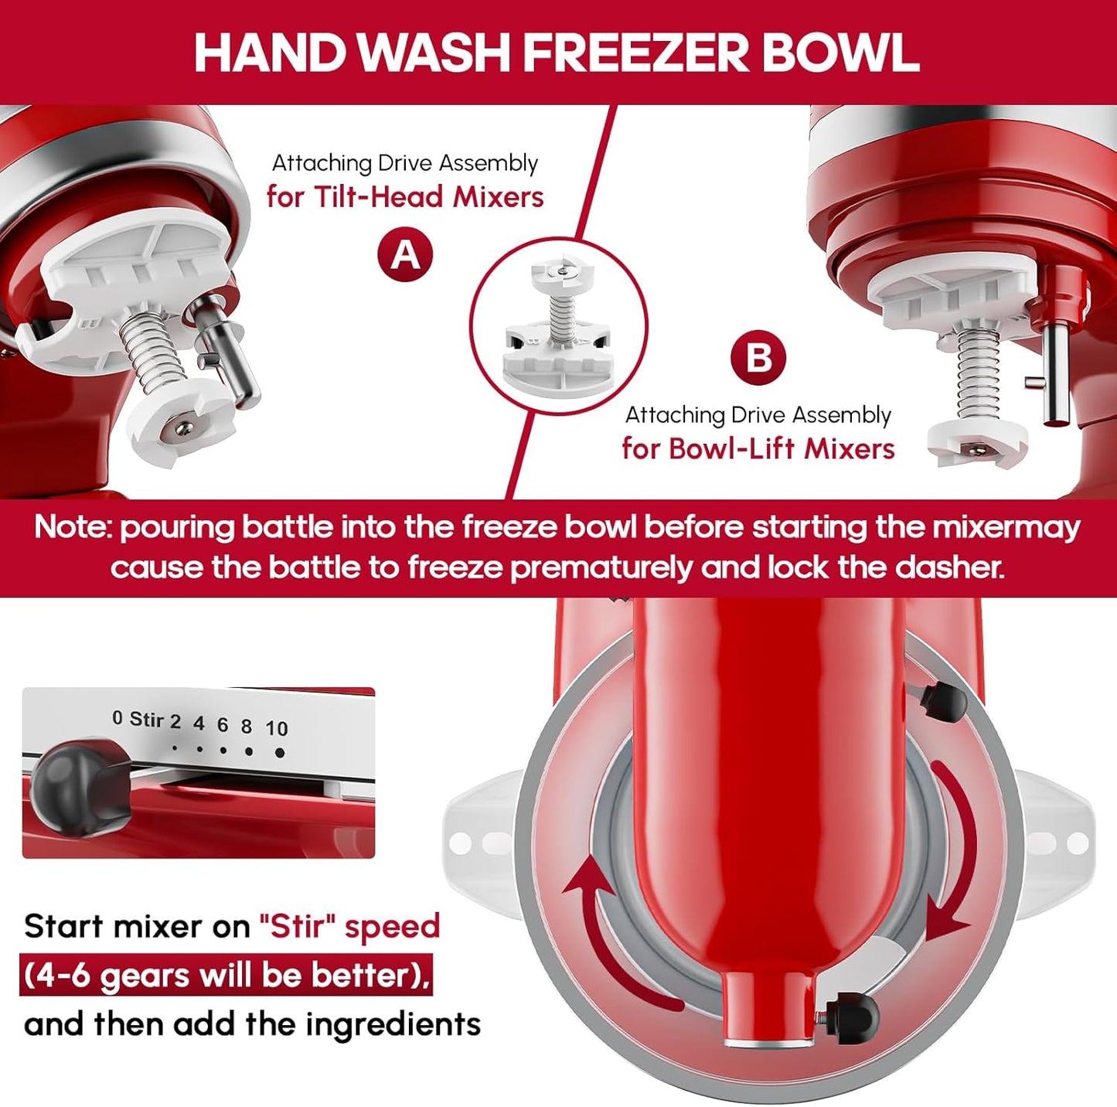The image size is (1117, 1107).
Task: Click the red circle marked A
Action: click(405, 254)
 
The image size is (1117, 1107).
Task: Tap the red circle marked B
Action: click(758, 358)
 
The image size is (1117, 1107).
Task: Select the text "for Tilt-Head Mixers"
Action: click(405, 197)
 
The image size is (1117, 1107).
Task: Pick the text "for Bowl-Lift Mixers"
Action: click(758, 448)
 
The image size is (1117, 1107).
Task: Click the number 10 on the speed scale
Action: click(276, 728)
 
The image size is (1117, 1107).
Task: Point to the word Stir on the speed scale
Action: click(146, 720)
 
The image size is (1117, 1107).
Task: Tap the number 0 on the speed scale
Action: click(117, 718)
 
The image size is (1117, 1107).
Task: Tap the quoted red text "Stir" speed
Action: click(349, 926)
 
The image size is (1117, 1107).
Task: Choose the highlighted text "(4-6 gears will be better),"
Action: click(226, 976)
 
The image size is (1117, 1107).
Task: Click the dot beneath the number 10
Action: click(279, 752)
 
